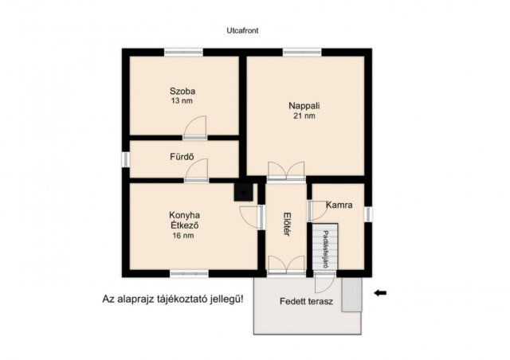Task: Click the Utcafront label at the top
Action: coord(242,30)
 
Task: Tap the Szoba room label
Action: coord(182,91)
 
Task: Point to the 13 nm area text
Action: coord(182,101)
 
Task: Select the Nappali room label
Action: coord(304,106)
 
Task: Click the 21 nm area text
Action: coord(304,116)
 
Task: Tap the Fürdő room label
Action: coord(182,157)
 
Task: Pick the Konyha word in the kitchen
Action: coord(184,215)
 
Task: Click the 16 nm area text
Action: coord(183,236)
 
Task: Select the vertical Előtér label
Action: coord(287,224)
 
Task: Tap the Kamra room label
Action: coord(339,205)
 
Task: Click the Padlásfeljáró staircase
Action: coord(325,246)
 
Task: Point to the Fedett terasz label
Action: coord(306,302)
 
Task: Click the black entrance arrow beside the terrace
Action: coord(380,293)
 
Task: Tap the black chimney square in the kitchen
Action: coord(243,193)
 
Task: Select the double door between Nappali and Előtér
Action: coord(286,170)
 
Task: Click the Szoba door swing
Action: coord(194,127)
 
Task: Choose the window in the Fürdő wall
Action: coord(126,159)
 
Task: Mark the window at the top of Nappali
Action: coord(302,52)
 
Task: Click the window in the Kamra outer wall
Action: coord(368,214)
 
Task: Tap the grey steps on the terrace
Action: coord(352,295)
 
